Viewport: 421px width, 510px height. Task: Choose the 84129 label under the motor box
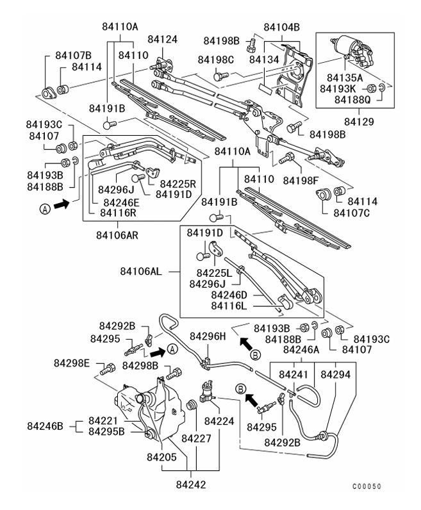point(359,120)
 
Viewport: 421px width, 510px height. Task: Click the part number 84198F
point(302,161)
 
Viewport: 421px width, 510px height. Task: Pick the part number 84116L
point(232,306)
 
